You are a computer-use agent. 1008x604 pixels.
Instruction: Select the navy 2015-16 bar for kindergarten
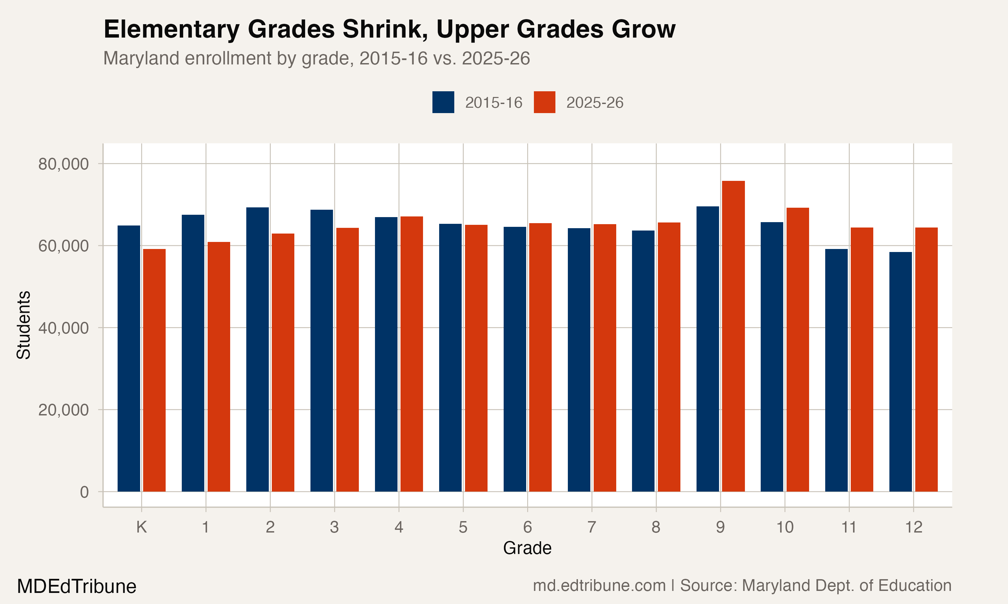click(129, 358)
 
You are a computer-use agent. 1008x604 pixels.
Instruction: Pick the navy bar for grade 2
click(257, 349)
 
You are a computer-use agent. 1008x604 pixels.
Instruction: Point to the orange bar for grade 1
click(219, 366)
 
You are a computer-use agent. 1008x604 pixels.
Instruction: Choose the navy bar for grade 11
click(836, 370)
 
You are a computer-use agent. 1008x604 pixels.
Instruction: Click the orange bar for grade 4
click(412, 354)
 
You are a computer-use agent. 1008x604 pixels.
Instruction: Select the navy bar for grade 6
click(515, 359)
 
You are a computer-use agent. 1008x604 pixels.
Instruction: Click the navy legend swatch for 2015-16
click(443, 102)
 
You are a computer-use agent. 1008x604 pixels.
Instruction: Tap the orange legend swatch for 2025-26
click(544, 102)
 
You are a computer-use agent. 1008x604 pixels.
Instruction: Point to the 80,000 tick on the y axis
click(64, 164)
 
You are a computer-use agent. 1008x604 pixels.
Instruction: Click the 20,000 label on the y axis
click(64, 410)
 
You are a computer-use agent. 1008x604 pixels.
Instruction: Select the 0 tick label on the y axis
click(84, 492)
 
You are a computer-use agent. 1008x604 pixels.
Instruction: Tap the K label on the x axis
click(141, 527)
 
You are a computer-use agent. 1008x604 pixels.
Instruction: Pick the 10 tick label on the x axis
click(785, 527)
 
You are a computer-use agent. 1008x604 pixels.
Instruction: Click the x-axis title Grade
click(527, 548)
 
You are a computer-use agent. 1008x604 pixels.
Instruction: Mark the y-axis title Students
click(24, 325)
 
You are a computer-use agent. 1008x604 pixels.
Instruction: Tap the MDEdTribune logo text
click(77, 587)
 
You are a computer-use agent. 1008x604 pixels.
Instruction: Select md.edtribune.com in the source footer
click(599, 586)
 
